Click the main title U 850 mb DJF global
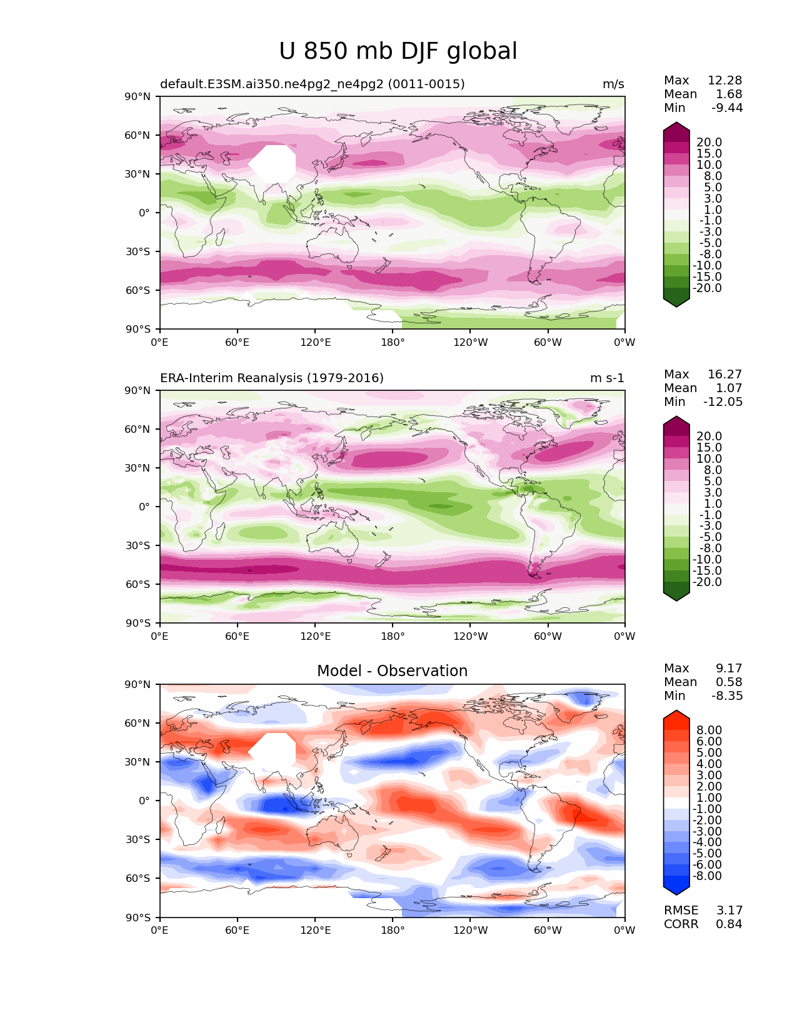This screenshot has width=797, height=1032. [398, 51]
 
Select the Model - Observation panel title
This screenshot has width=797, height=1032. [392, 670]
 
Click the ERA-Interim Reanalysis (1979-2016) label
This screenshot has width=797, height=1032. [272, 378]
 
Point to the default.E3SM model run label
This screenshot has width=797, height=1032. [313, 84]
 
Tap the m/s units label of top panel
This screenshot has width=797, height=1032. [613, 84]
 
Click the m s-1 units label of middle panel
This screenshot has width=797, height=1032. [607, 378]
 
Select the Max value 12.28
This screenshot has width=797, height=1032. [724, 80]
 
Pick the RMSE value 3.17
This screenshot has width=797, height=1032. [729, 911]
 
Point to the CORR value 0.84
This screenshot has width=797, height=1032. [729, 924]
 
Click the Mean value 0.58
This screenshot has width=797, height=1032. [729, 682]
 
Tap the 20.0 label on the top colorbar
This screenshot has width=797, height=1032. [709, 143]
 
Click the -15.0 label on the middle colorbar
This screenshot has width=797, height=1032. [707, 571]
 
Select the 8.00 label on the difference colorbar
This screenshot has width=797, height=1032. [709, 731]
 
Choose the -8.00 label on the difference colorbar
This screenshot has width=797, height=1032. [707, 876]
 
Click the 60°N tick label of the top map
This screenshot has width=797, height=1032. [137, 135]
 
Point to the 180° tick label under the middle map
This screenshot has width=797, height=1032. [393, 636]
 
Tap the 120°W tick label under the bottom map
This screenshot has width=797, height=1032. [471, 931]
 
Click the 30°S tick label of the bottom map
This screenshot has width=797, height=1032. [138, 839]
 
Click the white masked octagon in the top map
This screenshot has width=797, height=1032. [272, 164]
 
